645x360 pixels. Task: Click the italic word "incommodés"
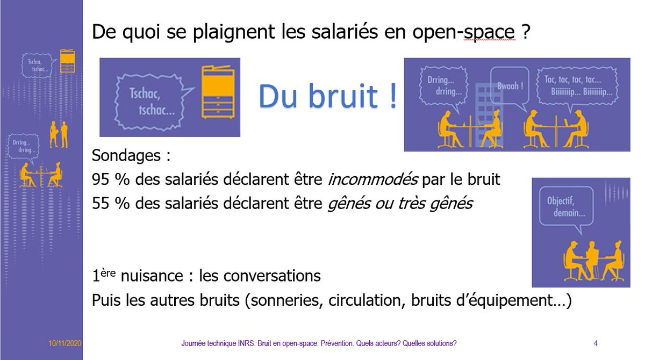click(373, 180)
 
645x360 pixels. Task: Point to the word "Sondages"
click(127, 156)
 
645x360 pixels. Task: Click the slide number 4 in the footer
click(596, 343)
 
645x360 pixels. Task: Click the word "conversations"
click(260, 277)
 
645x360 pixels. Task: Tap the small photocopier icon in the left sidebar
click(67, 61)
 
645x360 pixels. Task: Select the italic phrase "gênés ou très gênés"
click(400, 204)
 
